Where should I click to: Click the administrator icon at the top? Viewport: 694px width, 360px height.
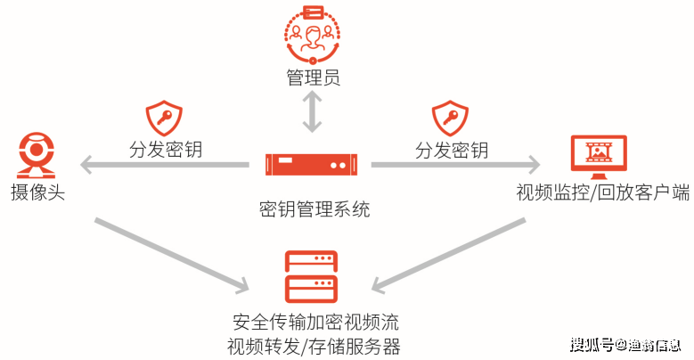(312, 35)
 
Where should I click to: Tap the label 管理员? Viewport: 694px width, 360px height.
(312, 78)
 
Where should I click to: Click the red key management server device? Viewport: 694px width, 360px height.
(311, 165)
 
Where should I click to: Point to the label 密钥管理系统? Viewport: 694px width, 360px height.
(314, 209)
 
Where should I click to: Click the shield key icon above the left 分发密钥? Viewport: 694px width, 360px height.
(164, 118)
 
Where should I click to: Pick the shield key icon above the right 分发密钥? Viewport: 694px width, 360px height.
(450, 118)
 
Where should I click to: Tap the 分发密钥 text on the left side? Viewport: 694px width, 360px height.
(165, 149)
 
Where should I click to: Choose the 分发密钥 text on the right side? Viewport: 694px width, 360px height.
(451, 149)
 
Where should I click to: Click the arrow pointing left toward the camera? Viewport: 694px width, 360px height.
(165, 165)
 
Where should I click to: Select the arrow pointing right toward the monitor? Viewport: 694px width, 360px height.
(454, 165)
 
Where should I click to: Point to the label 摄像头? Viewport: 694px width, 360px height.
(37, 192)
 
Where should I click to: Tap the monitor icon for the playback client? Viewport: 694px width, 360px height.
(598, 158)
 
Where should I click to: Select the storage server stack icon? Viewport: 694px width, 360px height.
(311, 277)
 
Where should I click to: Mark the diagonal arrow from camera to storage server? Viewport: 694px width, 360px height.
(169, 253)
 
